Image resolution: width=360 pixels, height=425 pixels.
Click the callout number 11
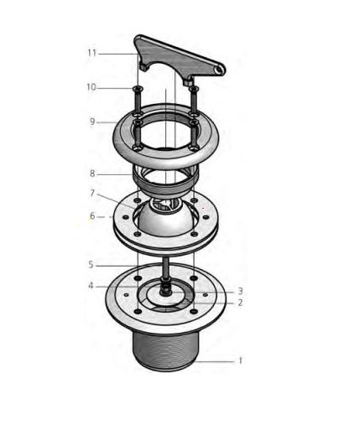[x=92, y=53]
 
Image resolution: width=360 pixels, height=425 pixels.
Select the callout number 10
[x=91, y=87]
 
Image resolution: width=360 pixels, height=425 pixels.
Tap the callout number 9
[x=92, y=122]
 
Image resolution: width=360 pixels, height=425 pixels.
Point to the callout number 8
[x=92, y=174]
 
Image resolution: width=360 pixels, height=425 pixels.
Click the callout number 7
[x=92, y=193]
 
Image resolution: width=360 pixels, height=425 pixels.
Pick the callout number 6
[x=92, y=216]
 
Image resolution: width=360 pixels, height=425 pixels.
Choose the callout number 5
[x=91, y=265]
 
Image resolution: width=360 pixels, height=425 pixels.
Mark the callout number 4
[x=91, y=286]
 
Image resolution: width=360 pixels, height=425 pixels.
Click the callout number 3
[x=240, y=292]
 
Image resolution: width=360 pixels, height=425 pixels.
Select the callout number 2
[x=240, y=303]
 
